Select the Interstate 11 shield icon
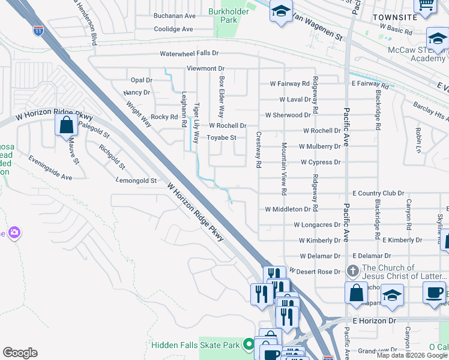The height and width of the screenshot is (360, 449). (x=38, y=31)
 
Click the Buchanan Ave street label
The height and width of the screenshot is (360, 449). (x=175, y=16)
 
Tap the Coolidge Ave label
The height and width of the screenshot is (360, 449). (x=173, y=29)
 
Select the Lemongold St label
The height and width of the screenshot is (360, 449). (x=136, y=180)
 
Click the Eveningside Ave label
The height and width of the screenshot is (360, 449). (x=50, y=168)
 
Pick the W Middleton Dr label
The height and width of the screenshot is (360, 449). (x=291, y=209)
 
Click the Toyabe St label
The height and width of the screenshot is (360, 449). (x=222, y=137)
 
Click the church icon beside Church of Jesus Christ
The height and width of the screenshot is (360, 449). (x=354, y=271)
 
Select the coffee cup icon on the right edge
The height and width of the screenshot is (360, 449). (x=434, y=292)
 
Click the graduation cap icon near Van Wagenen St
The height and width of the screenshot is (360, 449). (x=280, y=11)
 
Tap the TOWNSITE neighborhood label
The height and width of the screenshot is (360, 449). (x=394, y=17)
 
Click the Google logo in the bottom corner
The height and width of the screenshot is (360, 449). (x=20, y=353)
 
